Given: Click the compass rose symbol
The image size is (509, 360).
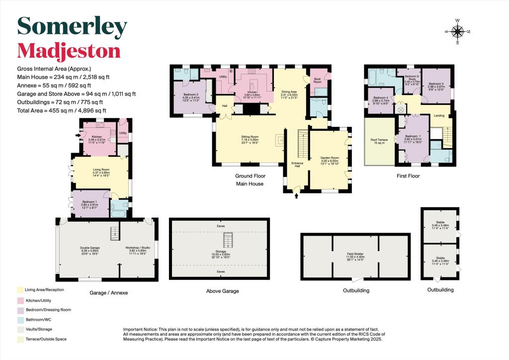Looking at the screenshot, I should click(x=458, y=32).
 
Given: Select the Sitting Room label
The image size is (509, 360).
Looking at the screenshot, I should click(x=250, y=136).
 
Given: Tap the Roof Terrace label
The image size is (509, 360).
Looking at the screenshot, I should click(x=379, y=140).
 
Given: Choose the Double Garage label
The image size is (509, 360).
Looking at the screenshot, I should click(x=90, y=248).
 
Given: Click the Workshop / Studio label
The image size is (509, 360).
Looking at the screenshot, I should click(x=138, y=248).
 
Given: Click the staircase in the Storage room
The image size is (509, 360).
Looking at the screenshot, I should click(x=227, y=241).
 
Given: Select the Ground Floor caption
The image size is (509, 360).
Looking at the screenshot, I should click(x=250, y=176).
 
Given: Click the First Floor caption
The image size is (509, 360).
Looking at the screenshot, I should click(x=408, y=176).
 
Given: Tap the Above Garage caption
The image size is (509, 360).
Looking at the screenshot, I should click(x=220, y=292).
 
